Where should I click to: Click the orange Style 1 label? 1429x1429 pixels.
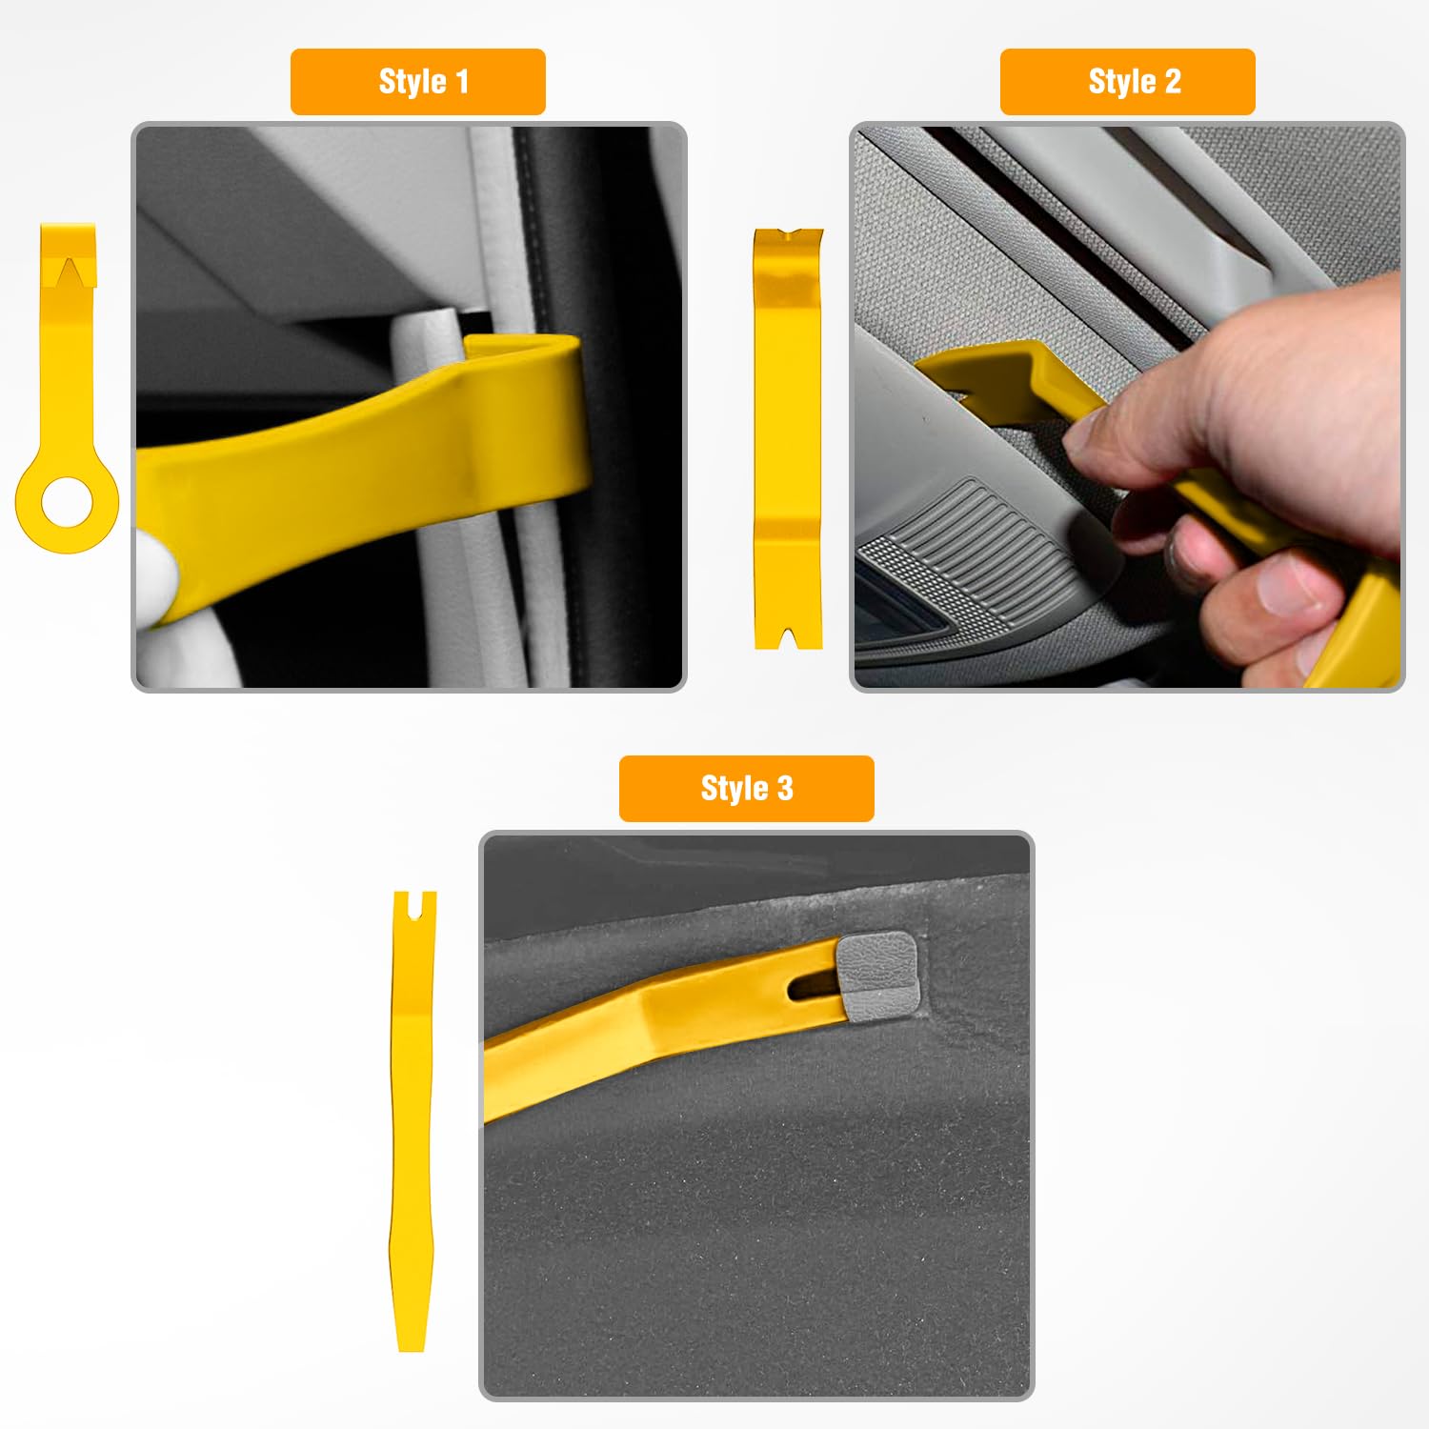(x=418, y=82)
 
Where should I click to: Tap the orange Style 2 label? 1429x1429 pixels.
(x=1127, y=82)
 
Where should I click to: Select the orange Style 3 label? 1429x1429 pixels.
(x=747, y=789)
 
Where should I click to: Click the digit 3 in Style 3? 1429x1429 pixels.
(x=784, y=789)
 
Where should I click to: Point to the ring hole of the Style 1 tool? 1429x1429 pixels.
(x=67, y=501)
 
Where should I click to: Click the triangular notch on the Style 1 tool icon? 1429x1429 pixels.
(x=69, y=272)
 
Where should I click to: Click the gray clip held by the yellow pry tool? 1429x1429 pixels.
(x=877, y=971)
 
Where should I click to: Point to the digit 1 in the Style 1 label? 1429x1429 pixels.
(x=463, y=82)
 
